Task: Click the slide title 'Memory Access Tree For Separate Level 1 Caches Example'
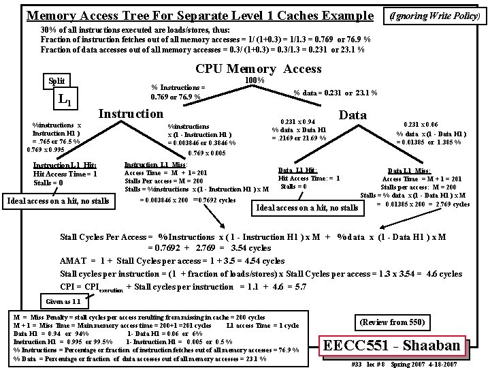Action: [199, 15]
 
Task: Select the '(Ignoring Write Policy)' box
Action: [438, 15]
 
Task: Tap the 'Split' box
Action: [56, 80]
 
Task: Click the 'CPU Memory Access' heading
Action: [259, 69]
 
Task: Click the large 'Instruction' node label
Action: [131, 113]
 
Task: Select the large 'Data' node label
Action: [353, 115]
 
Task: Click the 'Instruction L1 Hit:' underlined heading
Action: [65, 165]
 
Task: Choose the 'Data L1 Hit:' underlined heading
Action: [297, 170]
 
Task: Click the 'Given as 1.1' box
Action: [63, 301]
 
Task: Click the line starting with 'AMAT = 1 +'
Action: [172, 261]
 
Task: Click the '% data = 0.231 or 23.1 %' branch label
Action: [336, 93]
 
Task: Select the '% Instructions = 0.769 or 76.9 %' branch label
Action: [178, 92]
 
